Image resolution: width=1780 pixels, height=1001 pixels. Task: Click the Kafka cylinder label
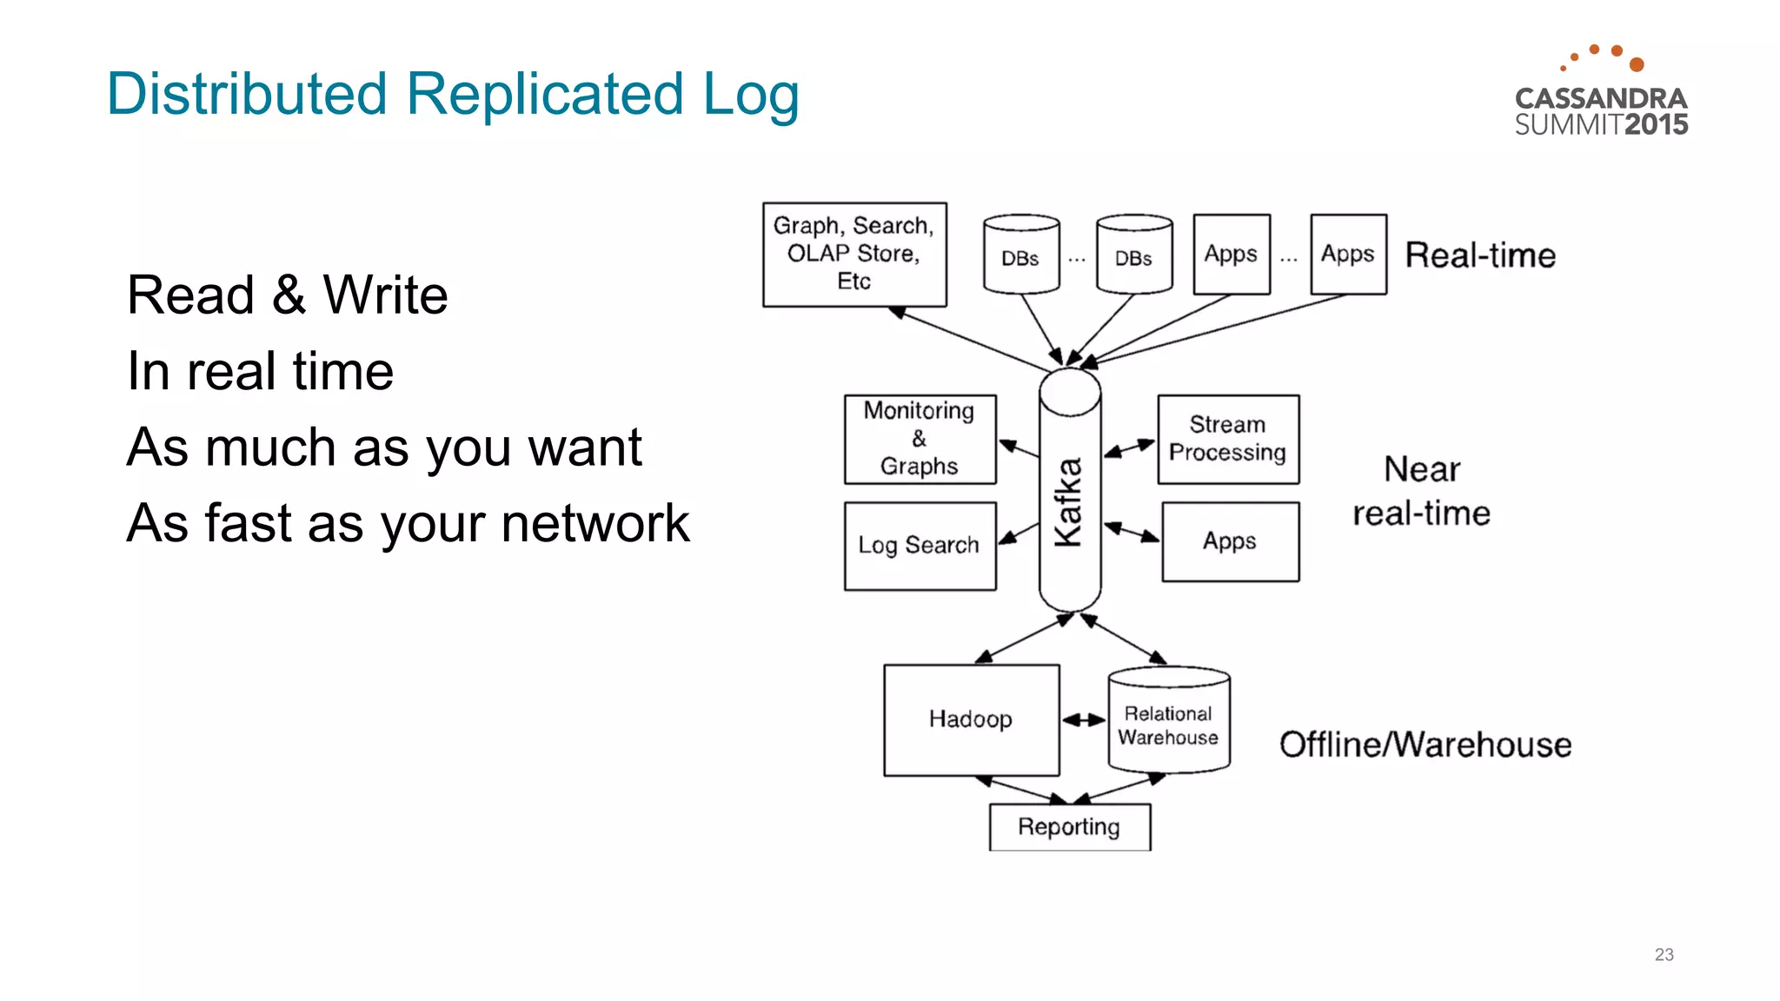(x=1068, y=501)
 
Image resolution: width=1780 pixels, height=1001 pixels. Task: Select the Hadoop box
(x=971, y=719)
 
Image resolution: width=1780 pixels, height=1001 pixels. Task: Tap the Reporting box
(x=1069, y=826)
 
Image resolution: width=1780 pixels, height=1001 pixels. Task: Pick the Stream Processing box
(x=1227, y=439)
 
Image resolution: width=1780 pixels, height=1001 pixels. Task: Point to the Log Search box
(x=920, y=546)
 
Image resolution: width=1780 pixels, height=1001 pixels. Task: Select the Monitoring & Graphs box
(x=920, y=439)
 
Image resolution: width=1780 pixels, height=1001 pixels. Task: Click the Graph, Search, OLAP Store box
(x=853, y=254)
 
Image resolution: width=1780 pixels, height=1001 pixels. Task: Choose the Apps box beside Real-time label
(x=1347, y=254)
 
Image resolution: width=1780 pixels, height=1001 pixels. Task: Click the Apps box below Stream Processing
(x=1230, y=541)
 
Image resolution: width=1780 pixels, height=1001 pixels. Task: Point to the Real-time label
(x=1480, y=255)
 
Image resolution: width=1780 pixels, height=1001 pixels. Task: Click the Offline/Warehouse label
(x=1425, y=745)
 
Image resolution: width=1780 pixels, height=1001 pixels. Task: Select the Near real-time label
(x=1422, y=491)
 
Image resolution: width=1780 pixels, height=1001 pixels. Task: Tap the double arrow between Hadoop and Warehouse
(x=1084, y=719)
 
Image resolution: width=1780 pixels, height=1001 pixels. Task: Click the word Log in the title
(x=751, y=95)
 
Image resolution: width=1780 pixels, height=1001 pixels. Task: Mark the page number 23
(x=1664, y=954)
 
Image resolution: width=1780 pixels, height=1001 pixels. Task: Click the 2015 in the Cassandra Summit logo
(x=1656, y=124)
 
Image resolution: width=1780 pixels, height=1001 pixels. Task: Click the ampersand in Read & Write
(x=289, y=295)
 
